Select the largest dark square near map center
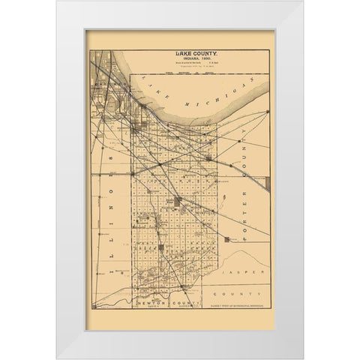(175, 202)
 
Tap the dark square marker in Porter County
(226, 238)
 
